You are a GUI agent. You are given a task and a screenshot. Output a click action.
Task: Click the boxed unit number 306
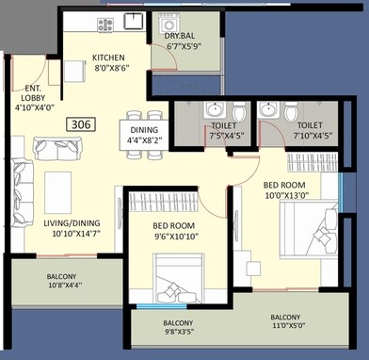point(81,123)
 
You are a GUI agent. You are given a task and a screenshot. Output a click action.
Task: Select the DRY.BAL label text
point(179,37)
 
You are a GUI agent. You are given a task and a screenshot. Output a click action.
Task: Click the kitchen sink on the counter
point(134,21)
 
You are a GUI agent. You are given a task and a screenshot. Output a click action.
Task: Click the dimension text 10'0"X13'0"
point(287,195)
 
